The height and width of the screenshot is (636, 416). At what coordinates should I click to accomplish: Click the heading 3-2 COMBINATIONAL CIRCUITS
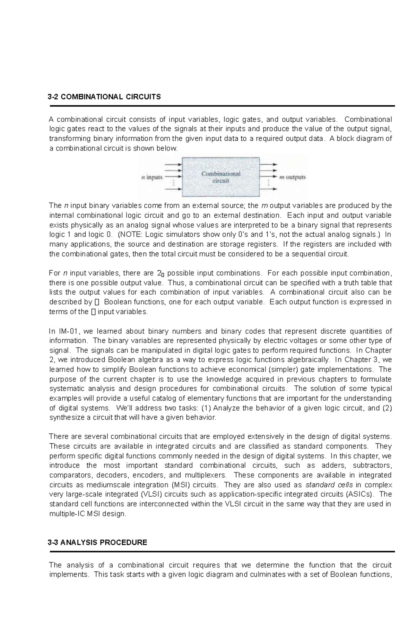104,97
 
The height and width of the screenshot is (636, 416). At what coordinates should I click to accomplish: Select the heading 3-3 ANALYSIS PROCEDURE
97,542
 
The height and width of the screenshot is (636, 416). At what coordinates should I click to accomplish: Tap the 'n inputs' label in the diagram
152,177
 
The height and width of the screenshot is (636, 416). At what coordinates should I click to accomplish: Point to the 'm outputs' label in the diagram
293,177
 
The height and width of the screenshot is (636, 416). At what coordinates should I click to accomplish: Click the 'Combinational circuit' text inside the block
221,177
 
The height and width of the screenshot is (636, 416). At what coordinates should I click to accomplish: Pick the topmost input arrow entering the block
173,164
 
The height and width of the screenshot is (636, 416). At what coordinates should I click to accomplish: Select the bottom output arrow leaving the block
268,189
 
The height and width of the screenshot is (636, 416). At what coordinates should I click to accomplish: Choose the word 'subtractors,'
372,465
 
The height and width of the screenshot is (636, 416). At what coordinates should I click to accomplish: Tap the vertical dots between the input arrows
173,182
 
